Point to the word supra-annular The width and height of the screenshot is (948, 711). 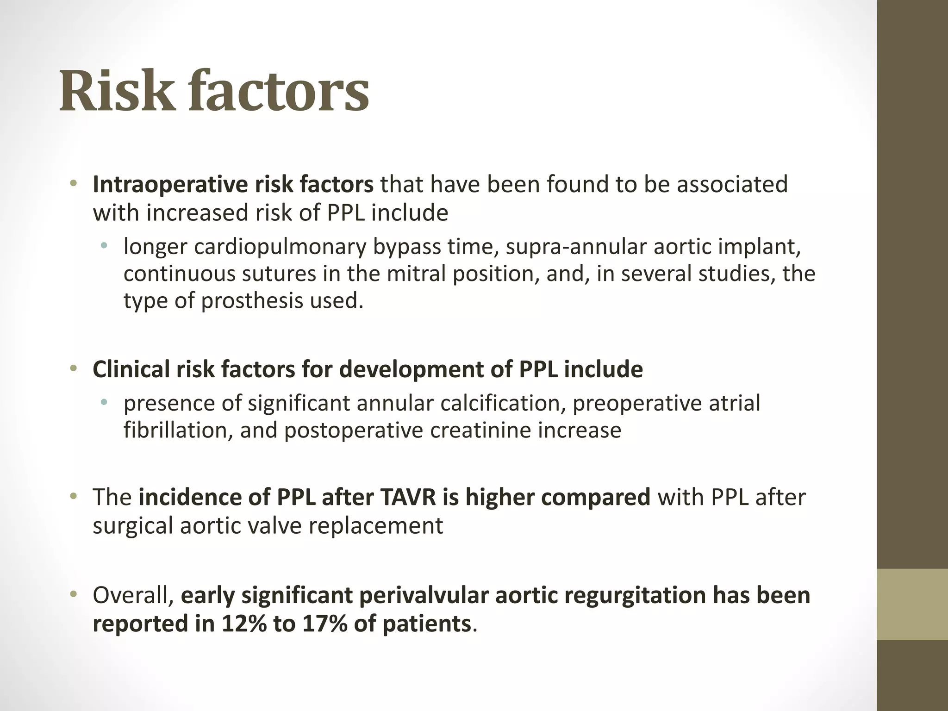(575, 247)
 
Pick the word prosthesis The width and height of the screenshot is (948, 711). (252, 301)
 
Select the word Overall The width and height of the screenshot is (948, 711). (133, 596)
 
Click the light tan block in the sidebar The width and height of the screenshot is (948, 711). (912, 605)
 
